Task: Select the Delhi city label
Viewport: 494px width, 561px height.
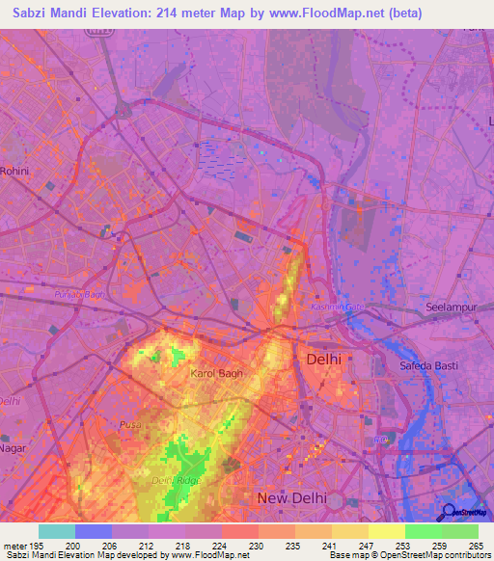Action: coord(323,360)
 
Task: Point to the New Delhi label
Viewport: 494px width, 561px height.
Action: coord(291,497)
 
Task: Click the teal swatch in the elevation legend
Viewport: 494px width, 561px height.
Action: coord(57,531)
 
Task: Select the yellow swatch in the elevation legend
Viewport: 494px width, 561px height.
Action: coord(386,531)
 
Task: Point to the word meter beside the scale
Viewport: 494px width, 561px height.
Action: coord(15,545)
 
